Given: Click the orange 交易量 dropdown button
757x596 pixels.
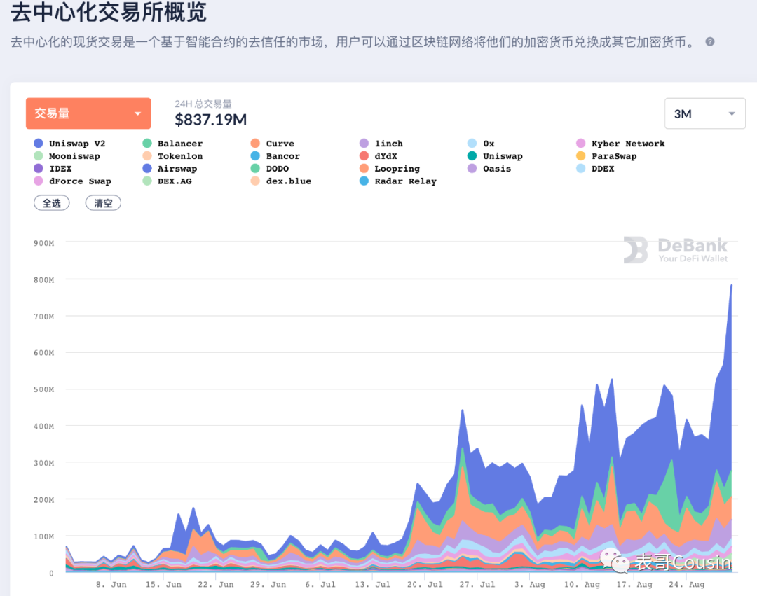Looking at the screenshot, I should click(x=88, y=113).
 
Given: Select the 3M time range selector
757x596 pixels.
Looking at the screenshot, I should click(x=704, y=113).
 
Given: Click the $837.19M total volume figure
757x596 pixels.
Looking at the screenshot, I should click(x=210, y=120).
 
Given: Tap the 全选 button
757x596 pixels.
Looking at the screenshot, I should click(x=52, y=203).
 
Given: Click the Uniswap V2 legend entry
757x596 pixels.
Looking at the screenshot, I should click(x=76, y=144).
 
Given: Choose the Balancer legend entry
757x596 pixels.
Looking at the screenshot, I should click(x=179, y=144).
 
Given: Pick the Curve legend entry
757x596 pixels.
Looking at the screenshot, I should click(x=280, y=144).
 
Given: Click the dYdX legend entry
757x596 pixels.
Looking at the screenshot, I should click(x=386, y=156).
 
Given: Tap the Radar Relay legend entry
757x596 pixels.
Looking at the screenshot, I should click(x=404, y=181).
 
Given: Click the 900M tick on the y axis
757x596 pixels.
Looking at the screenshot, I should click(x=43, y=243).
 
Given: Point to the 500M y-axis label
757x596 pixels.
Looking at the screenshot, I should click(x=43, y=389).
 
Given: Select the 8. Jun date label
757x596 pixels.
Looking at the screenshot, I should click(x=111, y=584).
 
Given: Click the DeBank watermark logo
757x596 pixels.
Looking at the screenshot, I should click(x=676, y=250).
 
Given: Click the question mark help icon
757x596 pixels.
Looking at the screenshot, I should click(x=710, y=42).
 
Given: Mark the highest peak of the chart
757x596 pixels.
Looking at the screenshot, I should click(x=731, y=285).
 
